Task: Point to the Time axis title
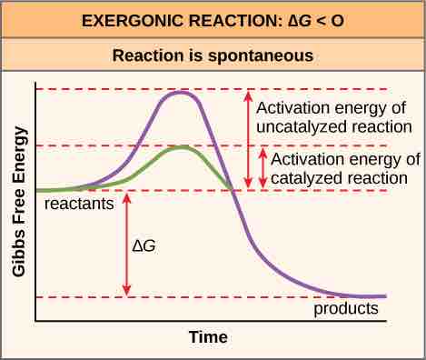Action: click(x=208, y=337)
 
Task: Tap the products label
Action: click(x=346, y=308)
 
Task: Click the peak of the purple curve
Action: click(x=183, y=92)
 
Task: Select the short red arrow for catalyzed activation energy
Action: click(x=263, y=168)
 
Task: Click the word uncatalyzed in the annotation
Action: click(x=308, y=126)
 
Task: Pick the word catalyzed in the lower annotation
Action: click(x=308, y=177)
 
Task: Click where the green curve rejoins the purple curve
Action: click(x=233, y=189)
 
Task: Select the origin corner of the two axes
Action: click(x=35, y=320)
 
